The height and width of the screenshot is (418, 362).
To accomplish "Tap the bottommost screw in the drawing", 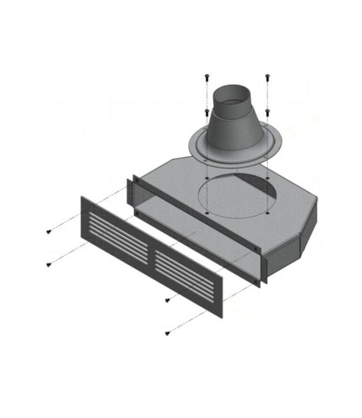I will pos(167,333).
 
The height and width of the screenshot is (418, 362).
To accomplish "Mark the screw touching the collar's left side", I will pos(207,111).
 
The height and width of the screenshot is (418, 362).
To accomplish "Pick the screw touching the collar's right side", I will pos(268,111).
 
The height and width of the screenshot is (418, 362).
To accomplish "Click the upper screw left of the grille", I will pos(48,231).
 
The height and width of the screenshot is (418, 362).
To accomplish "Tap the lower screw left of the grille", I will pos(48,263).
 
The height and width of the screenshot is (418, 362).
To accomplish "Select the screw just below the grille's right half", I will pos(167,300).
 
